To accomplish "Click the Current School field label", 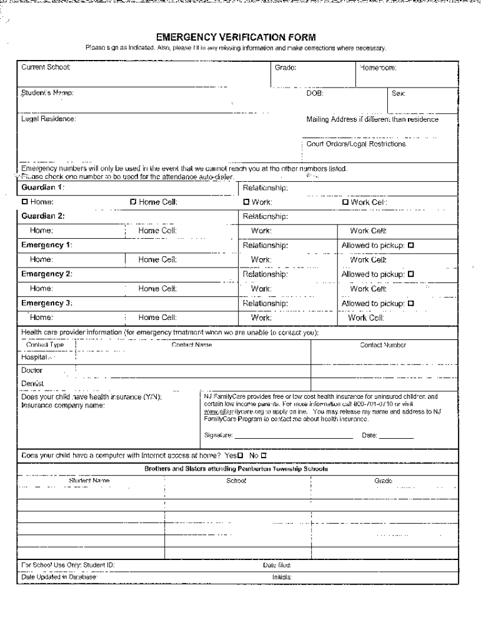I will pyautogui.click(x=46, y=66).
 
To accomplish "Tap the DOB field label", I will pyautogui.click(x=314, y=93).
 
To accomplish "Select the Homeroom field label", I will pyautogui.click(x=377, y=66).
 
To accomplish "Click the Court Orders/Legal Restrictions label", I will pyautogui.click(x=355, y=144).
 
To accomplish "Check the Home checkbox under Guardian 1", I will pyautogui.click(x=25, y=202).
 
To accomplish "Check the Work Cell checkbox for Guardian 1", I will pyautogui.click(x=345, y=202).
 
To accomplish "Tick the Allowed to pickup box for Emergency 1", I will pyautogui.click(x=411, y=245).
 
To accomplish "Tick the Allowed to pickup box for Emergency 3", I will pyautogui.click(x=411, y=303).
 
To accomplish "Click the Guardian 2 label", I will pyautogui.click(x=43, y=216).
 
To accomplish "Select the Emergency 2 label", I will pyautogui.click(x=47, y=274).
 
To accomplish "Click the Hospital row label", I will pyautogui.click(x=34, y=358).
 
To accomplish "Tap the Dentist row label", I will pyautogui.click(x=32, y=383).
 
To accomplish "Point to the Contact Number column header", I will pyautogui.click(x=383, y=344).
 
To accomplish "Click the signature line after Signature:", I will pyautogui.click(x=294, y=436).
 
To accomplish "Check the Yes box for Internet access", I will pyautogui.click(x=240, y=456).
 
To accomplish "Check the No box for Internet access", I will pyautogui.click(x=263, y=456).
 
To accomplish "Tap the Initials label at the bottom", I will pyautogui.click(x=282, y=577).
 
